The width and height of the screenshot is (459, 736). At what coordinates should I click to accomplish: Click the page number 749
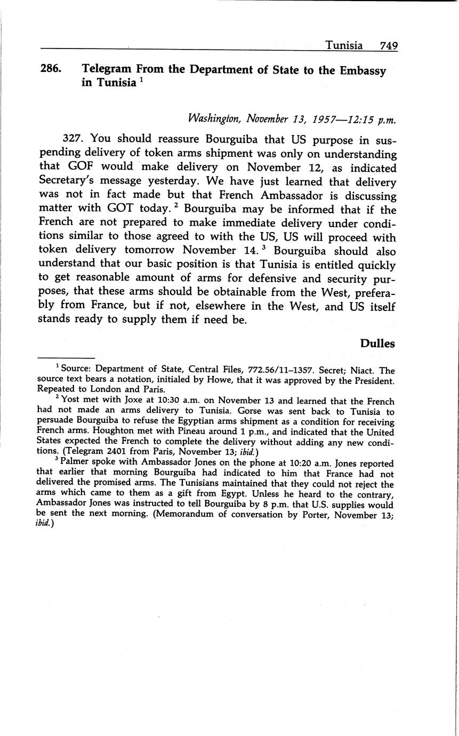coord(389,46)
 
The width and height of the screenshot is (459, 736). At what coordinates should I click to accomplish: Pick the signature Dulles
coord(377,343)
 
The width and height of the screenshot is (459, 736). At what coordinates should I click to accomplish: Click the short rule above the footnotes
coord(66,358)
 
